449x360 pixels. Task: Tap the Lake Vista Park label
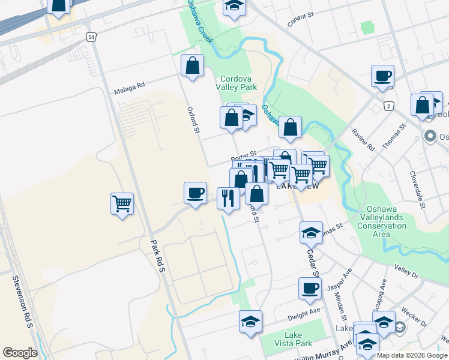click(291, 339)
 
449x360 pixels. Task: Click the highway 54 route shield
click(91, 37)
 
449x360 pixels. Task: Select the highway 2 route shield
click(388, 106)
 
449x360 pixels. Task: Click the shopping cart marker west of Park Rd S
click(122, 203)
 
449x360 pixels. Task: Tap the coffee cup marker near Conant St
click(382, 76)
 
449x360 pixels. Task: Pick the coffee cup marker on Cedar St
click(310, 288)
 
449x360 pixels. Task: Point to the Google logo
click(20, 353)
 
